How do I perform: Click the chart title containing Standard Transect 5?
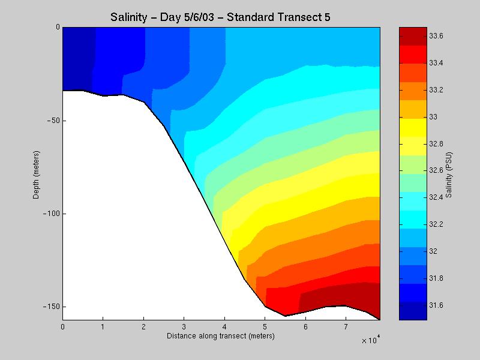220,17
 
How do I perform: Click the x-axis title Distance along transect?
220,336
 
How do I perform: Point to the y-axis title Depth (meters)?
37,173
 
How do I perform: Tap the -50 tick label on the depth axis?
53,121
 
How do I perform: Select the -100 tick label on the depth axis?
51,214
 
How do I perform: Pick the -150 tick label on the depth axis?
51,307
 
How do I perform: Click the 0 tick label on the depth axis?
58,28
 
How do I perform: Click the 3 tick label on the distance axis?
184,328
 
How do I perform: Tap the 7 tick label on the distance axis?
346,328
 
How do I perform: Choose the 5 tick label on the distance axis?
265,328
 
